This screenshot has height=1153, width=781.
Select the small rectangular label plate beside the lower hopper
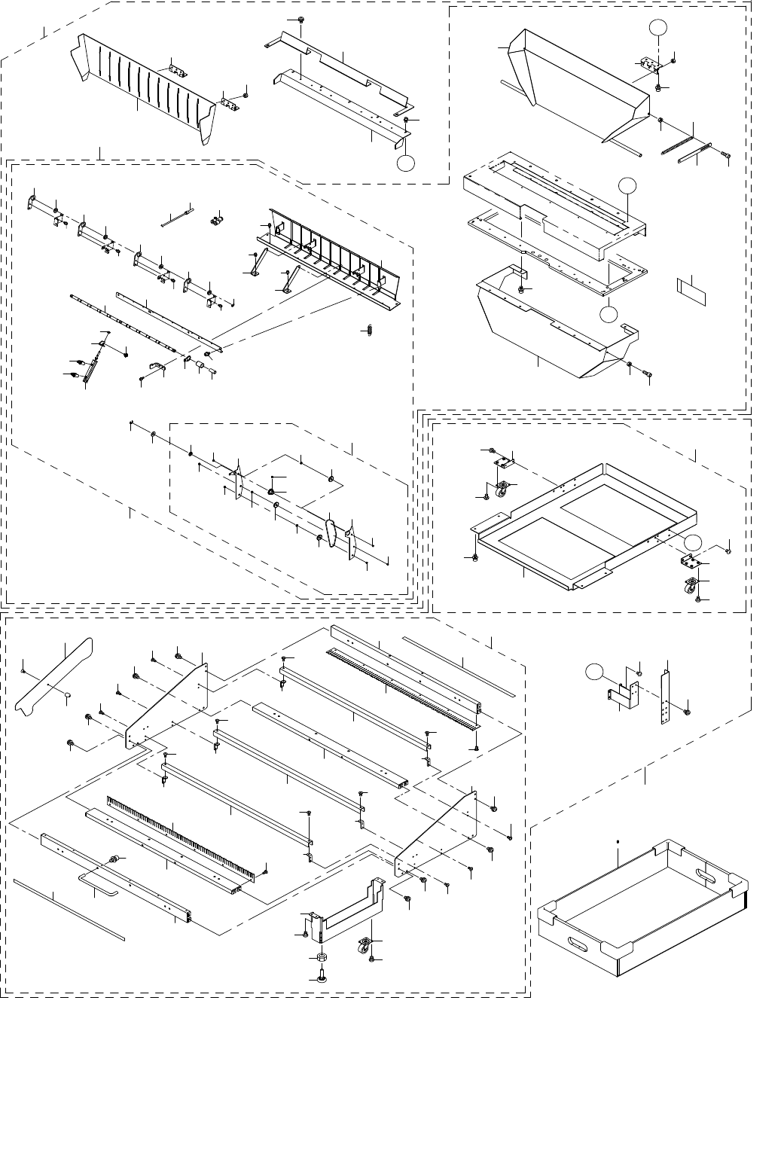point(692,291)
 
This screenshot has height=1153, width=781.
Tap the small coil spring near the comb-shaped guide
point(371,329)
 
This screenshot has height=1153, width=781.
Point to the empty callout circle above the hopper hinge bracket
point(658,28)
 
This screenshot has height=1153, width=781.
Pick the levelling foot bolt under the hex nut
point(321,976)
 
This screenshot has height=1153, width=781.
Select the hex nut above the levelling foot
point(320,956)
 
